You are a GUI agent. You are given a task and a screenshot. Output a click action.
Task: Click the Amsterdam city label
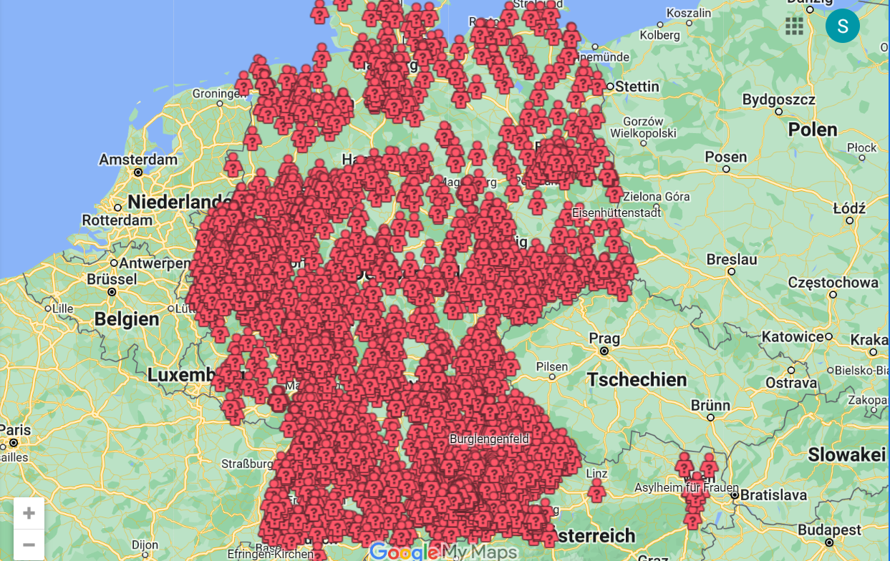(137, 159)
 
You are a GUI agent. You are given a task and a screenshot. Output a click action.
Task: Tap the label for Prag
(604, 338)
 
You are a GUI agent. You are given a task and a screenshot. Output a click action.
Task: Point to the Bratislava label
(773, 494)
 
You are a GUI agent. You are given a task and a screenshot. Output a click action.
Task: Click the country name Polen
(812, 130)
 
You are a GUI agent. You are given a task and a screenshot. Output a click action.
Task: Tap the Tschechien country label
(637, 379)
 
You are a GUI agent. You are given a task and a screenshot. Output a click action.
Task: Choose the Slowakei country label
(846, 454)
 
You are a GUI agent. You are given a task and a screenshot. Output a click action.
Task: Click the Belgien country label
(127, 319)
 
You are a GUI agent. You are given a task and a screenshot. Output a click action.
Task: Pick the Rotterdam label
(118, 220)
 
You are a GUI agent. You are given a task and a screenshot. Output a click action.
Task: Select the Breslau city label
(731, 259)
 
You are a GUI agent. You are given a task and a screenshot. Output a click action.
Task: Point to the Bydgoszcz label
(778, 99)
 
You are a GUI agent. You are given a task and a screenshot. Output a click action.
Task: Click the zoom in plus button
(29, 513)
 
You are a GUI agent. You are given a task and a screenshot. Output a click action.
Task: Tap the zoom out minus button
(29, 545)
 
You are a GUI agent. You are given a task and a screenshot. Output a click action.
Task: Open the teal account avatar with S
(842, 26)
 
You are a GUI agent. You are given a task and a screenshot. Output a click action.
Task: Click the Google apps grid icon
(794, 26)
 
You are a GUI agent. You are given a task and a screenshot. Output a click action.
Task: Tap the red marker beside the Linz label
(596, 491)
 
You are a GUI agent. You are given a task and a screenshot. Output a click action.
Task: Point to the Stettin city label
(637, 87)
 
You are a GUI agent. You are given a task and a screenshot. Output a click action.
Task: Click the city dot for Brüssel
(112, 292)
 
